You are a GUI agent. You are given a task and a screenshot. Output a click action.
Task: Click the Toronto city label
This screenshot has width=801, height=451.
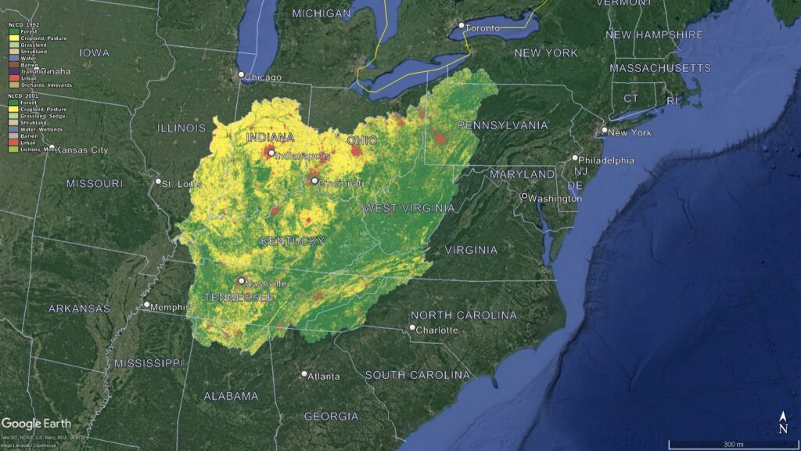[483, 29]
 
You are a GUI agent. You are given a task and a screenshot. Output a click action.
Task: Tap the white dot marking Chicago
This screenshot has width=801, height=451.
[242, 74]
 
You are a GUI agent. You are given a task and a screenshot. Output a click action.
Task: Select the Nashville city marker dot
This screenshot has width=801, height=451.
[241, 280]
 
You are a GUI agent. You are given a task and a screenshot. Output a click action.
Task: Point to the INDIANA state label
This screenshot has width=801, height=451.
[271, 138]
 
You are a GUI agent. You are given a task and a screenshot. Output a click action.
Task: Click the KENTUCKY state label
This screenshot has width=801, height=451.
[292, 241]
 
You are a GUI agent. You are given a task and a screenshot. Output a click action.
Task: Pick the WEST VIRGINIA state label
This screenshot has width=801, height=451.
[408, 208]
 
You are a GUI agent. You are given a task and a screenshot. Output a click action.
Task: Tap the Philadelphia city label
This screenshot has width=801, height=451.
[607, 161]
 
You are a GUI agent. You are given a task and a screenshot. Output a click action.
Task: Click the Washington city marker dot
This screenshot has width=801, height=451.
[524, 195]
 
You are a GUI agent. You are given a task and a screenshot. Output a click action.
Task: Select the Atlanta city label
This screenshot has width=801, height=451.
[324, 377]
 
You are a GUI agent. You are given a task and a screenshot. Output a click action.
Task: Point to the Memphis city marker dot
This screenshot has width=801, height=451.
[146, 305]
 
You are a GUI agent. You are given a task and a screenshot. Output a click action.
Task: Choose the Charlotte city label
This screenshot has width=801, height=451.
[437, 330]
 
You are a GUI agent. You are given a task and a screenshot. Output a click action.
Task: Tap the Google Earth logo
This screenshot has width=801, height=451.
[36, 424]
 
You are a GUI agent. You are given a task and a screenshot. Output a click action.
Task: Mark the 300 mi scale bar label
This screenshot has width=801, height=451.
[732, 445]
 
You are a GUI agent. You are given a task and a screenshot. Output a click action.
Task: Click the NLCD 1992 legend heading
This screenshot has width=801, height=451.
[24, 25]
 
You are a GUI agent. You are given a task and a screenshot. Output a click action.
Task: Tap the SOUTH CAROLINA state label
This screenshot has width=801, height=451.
[418, 375]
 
